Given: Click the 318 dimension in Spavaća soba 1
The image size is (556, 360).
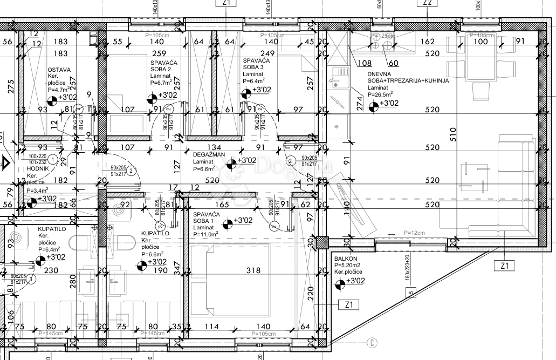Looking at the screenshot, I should pos(253,271).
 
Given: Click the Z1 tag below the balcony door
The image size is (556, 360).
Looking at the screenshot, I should pos(505,265).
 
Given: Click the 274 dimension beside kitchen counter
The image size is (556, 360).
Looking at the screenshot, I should pos(360,103).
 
